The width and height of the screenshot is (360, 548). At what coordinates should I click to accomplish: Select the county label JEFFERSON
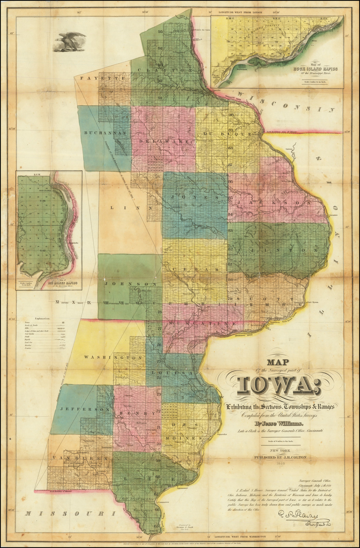[x=84, y=409]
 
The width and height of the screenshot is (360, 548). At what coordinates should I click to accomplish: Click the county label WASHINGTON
[x=113, y=357]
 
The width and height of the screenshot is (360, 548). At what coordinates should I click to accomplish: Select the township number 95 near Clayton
[x=160, y=32]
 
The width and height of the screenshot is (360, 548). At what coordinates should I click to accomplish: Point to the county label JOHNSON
[x=131, y=284]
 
